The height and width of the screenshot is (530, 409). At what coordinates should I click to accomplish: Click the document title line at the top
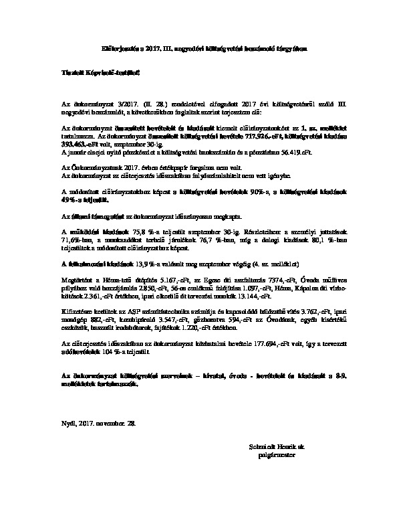(204, 49)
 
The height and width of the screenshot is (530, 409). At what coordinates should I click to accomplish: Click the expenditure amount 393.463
(76, 143)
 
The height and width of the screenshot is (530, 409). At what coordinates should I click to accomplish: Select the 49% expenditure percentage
(68, 199)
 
